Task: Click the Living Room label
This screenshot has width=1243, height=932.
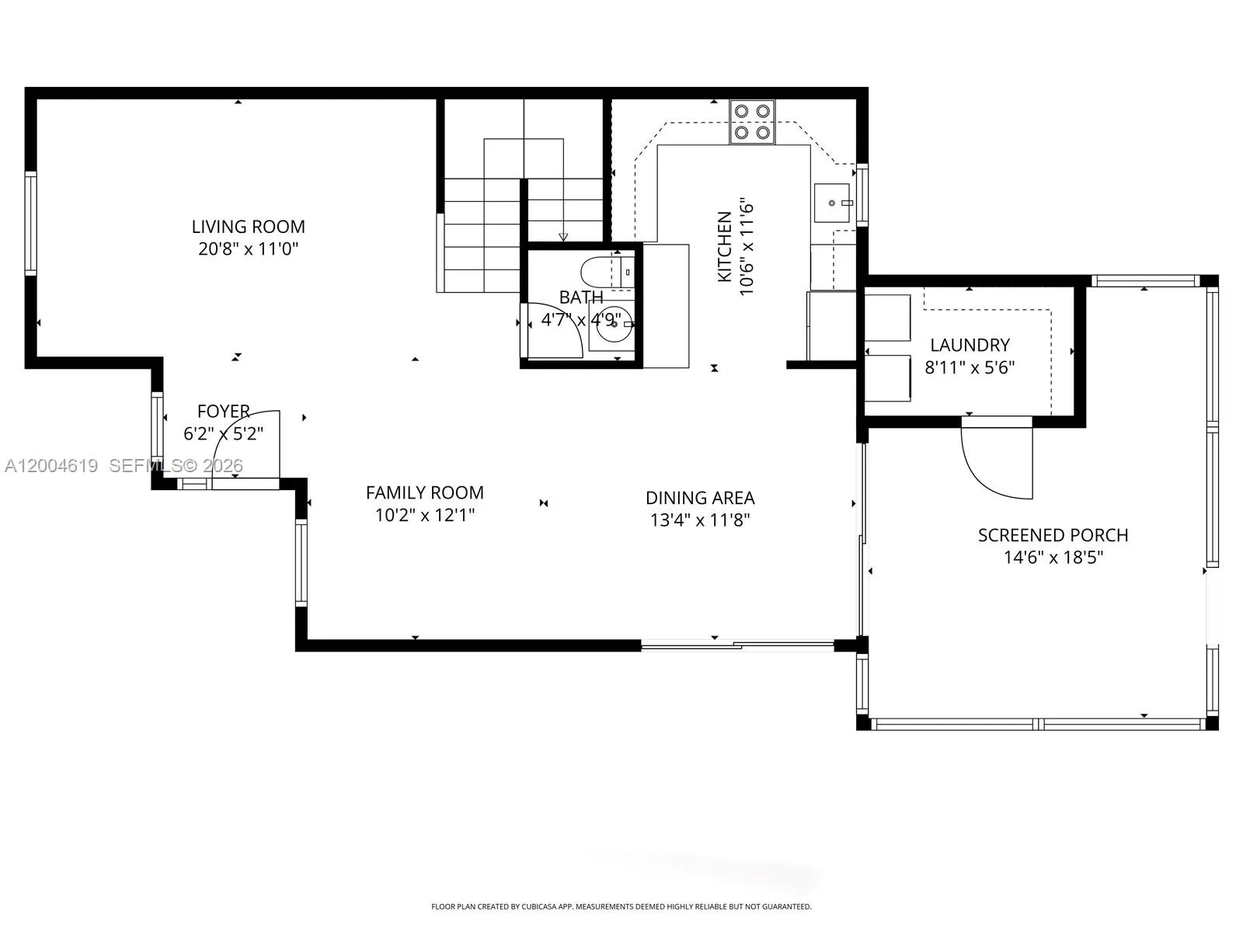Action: (x=248, y=227)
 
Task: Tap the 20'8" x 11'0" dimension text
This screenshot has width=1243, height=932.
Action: (x=248, y=249)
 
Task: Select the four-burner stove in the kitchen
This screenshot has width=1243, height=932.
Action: (x=752, y=122)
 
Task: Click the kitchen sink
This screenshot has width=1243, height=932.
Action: (x=833, y=203)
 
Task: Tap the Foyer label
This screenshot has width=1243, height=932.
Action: (x=223, y=411)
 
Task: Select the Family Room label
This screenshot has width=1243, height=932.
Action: (x=424, y=492)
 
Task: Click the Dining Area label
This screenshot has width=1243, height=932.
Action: (x=700, y=498)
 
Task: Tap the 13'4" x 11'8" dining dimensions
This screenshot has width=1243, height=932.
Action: (x=700, y=520)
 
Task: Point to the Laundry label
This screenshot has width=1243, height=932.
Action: (x=970, y=345)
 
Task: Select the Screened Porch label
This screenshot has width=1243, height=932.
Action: (x=1053, y=535)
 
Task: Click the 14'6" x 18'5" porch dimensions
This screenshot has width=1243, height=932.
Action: (x=1053, y=557)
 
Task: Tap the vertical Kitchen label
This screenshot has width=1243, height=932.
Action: (x=724, y=247)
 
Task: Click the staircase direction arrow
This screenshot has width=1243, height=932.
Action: (x=563, y=236)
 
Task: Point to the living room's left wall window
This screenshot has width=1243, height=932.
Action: (x=30, y=224)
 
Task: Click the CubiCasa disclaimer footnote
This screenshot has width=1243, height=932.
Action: (x=621, y=906)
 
